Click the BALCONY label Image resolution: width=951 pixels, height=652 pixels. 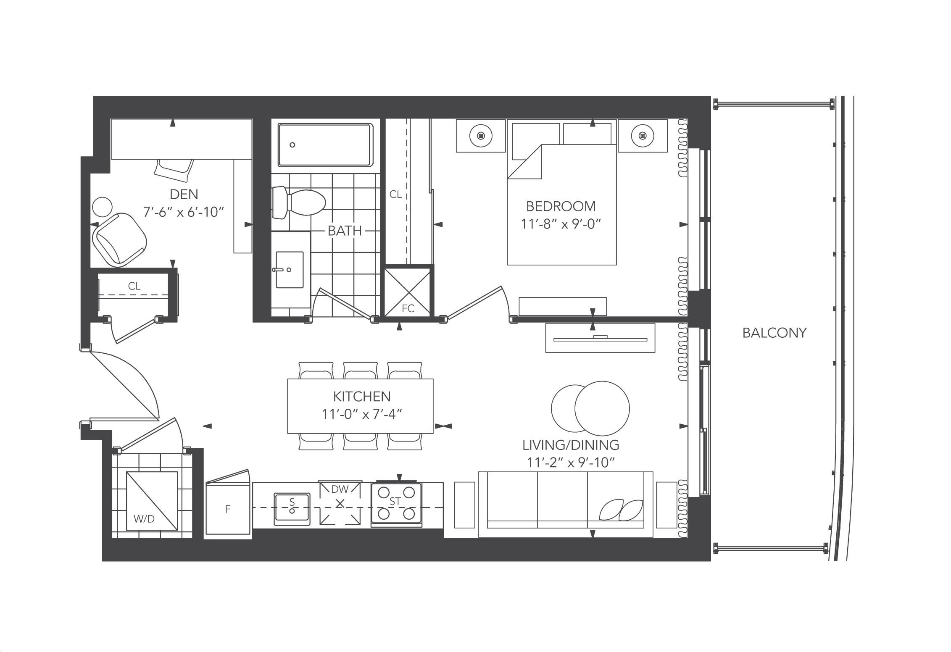tap(774, 333)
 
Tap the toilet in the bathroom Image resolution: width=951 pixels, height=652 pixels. tap(299, 203)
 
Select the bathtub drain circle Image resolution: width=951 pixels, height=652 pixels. tap(292, 145)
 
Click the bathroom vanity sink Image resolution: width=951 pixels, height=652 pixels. tap(289, 270)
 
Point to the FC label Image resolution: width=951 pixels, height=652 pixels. tap(408, 308)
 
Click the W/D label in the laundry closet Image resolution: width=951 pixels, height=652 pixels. tap(144, 519)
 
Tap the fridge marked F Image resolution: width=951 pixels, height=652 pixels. tap(228, 509)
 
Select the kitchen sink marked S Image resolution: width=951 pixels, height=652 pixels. tap(292, 509)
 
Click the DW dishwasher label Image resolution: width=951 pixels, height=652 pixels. tap(340, 489)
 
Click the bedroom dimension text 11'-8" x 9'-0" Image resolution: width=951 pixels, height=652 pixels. tap(561, 224)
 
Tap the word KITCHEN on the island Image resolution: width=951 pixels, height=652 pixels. tap(361, 396)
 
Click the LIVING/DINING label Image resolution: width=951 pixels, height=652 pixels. tap(571, 444)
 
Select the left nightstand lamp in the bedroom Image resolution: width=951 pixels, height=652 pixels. tap(481, 136)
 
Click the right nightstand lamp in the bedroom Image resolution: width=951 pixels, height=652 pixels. tap(642, 136)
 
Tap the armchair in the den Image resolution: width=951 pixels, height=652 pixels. tap(120, 239)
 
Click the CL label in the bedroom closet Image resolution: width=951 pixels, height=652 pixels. tap(395, 195)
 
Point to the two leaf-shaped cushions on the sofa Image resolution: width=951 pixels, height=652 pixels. tap(621, 510)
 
